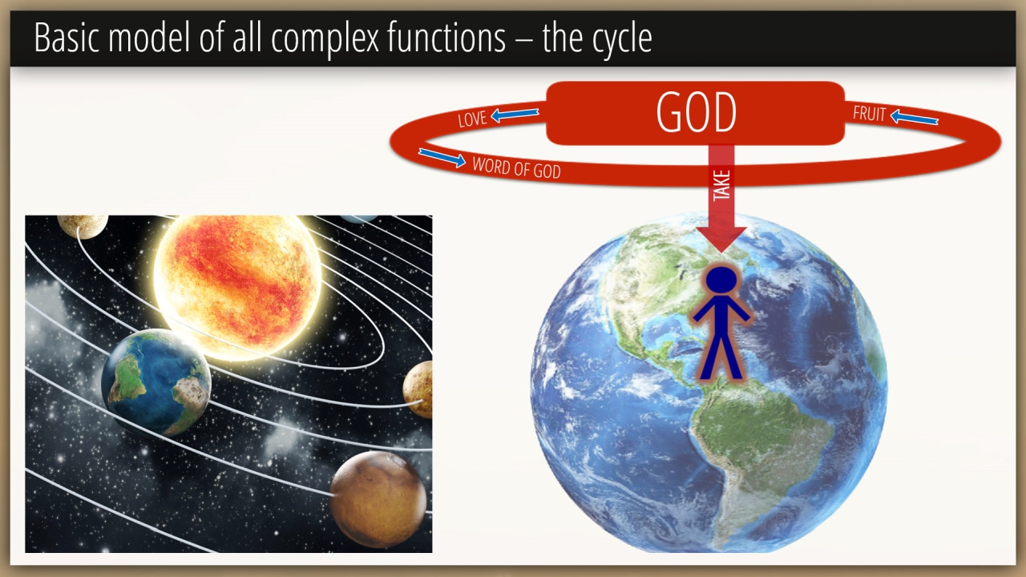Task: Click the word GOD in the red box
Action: click(x=697, y=112)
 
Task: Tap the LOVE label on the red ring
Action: click(x=472, y=119)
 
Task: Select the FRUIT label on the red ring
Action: click(x=869, y=114)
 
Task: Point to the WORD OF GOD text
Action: click(x=517, y=167)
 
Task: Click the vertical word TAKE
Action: click(x=721, y=185)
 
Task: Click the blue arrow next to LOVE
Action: click(x=515, y=115)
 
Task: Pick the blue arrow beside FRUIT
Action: click(x=915, y=118)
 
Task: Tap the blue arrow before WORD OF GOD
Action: click(x=442, y=158)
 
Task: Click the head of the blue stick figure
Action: click(x=721, y=279)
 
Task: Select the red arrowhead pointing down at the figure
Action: click(x=721, y=239)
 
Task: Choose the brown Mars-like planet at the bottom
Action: click(x=378, y=498)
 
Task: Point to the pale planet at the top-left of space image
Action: click(x=83, y=226)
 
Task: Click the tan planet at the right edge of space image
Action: click(x=418, y=389)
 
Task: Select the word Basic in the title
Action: click(x=67, y=37)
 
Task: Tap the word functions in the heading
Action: click(x=446, y=37)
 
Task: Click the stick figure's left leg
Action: click(x=710, y=358)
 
